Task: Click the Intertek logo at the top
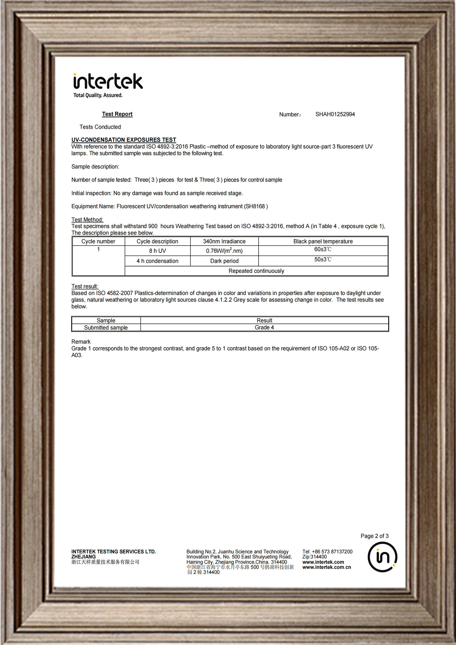point(108,85)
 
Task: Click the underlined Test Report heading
point(117,114)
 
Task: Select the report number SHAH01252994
point(335,114)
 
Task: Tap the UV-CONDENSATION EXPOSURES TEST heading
point(124,140)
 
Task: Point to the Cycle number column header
point(98,241)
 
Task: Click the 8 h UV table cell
point(157,251)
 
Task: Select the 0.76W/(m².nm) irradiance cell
point(224,251)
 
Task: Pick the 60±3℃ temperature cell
point(323,250)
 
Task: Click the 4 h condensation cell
point(157,261)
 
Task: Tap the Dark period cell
point(224,261)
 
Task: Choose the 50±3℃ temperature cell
point(323,259)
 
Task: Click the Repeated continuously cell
point(256,271)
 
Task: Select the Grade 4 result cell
point(264,328)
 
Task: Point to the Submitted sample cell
point(106,328)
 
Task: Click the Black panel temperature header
point(323,241)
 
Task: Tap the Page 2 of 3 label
point(375,536)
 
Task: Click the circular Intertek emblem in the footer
point(382,557)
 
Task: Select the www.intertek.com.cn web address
point(326,567)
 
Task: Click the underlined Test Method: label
point(87,220)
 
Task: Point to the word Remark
point(81,342)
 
